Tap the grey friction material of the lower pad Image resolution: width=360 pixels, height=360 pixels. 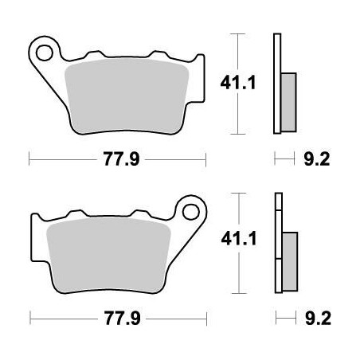(x=108, y=255)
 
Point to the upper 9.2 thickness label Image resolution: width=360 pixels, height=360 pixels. (x=318, y=160)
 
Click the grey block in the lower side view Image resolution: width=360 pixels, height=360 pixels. (x=289, y=258)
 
